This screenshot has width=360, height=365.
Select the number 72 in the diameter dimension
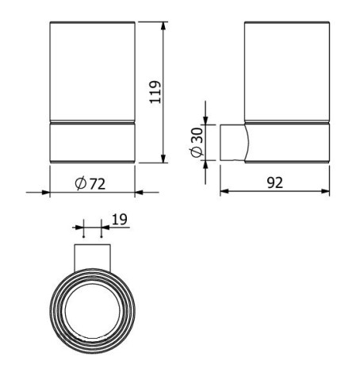pos(98,182)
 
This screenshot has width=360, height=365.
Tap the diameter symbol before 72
pos(81,182)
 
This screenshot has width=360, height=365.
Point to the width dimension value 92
pos(274,182)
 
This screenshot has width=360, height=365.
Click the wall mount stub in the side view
pos(232,143)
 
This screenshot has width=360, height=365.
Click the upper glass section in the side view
pos(285,71)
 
